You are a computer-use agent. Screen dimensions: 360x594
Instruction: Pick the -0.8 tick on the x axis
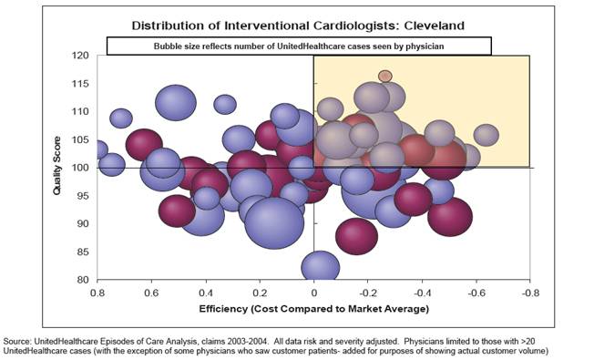click(529, 293)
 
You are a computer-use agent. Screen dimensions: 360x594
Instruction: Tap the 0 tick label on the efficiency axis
click(314, 293)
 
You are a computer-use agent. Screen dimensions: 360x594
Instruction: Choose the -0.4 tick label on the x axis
click(421, 293)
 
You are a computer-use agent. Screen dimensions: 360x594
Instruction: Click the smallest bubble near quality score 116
click(385, 77)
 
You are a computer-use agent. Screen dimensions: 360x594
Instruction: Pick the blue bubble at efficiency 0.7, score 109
click(121, 118)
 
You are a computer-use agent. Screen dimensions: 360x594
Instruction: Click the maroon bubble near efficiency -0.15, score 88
click(356, 235)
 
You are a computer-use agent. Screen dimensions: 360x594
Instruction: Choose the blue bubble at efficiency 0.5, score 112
click(176, 101)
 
